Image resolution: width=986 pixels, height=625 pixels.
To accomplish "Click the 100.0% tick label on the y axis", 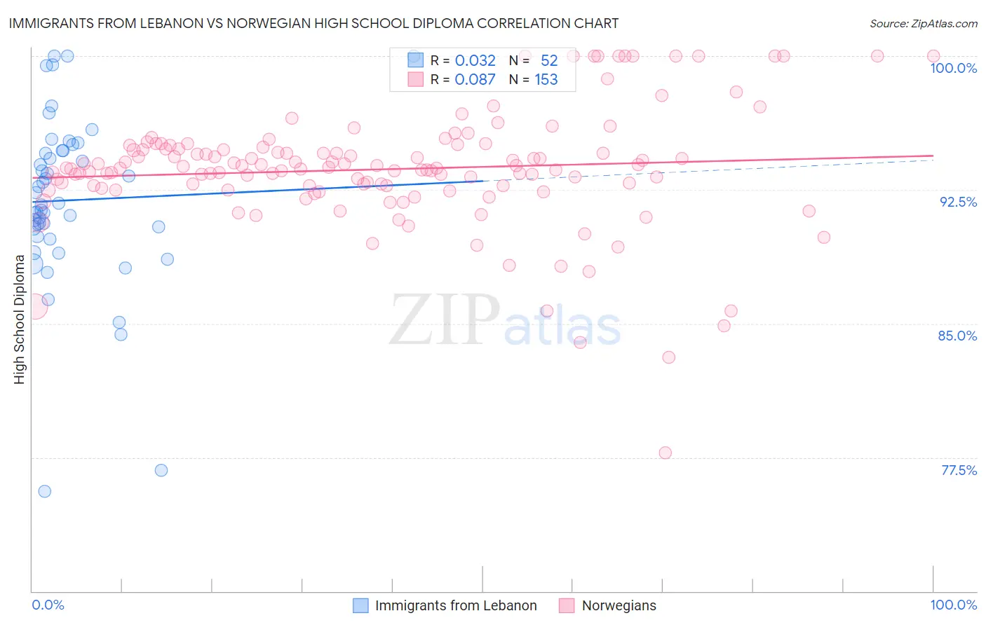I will pos(953,68).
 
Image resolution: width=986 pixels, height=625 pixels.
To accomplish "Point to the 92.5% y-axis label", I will pos(958,202).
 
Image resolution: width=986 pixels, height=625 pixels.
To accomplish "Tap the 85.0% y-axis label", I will pos(957,336).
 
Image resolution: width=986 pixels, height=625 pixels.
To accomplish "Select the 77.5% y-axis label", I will pos(959,470).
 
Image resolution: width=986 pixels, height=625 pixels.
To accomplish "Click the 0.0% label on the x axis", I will pos(48,605).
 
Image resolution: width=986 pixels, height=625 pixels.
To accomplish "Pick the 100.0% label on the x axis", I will pos(953,605).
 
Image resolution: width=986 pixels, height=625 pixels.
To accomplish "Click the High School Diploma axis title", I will pos(20,319).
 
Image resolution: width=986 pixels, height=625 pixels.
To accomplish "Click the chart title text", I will pos(313,23).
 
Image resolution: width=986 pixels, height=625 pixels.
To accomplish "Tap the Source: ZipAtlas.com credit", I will pos(923,23).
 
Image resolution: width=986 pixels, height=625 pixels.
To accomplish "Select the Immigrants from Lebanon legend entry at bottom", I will pos(456,605).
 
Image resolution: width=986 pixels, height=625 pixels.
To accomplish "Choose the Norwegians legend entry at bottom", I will pos(619,605).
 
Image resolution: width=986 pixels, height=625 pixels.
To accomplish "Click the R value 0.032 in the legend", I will pos(475,61).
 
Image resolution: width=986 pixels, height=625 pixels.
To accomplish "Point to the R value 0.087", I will pos(475,80).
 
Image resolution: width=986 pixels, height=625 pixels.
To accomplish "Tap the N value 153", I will pos(546,80).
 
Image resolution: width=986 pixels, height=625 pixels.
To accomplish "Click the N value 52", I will pos(549,61).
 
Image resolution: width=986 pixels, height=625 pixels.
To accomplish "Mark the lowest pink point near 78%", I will pos(666,453).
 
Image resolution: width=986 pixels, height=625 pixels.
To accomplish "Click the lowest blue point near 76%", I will pos(44,491).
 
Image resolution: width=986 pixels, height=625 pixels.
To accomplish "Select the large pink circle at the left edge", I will pos(33,305).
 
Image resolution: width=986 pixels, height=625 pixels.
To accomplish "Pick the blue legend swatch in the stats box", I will pos(415,60).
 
